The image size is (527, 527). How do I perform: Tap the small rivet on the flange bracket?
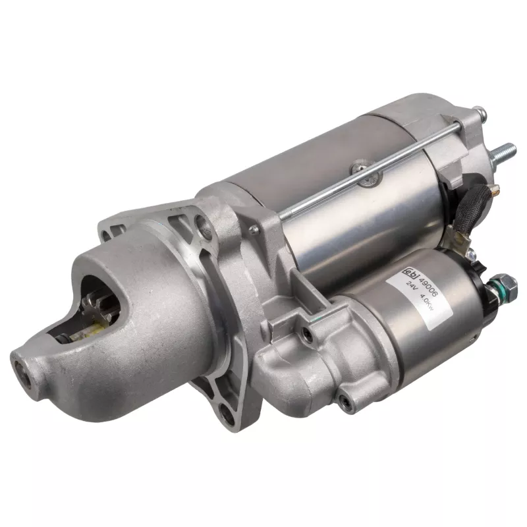pyautogui.click(x=254, y=229)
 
